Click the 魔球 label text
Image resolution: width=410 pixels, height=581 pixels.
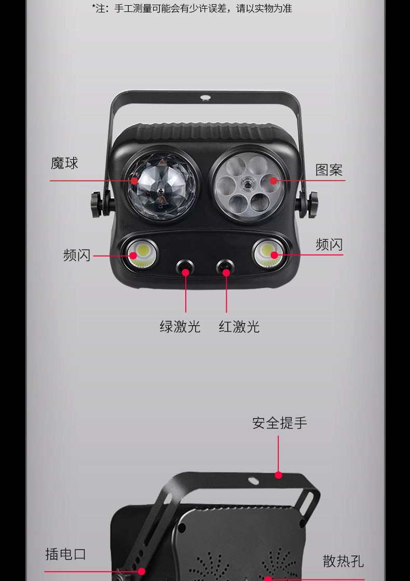pyautogui.click(x=64, y=163)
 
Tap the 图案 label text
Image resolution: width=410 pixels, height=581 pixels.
pyautogui.click(x=329, y=170)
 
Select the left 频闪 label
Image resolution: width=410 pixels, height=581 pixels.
pyautogui.click(x=77, y=255)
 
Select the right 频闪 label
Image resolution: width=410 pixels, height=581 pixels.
pyautogui.click(x=329, y=244)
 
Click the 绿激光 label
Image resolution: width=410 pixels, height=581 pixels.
pyautogui.click(x=180, y=327)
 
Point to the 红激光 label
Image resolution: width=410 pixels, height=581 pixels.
pyautogui.click(x=239, y=327)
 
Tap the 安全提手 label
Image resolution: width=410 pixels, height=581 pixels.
pyautogui.click(x=280, y=423)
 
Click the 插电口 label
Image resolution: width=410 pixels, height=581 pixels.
pyautogui.click(x=65, y=554)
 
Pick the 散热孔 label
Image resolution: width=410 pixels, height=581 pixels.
pyautogui.click(x=343, y=561)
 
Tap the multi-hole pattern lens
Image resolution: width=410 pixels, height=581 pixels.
pyautogui.click(x=248, y=187)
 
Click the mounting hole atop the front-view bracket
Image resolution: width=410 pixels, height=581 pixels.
pyautogui.click(x=206, y=97)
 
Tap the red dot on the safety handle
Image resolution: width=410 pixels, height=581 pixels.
pyautogui.click(x=279, y=475)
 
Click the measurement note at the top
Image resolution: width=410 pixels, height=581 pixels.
pyautogui.click(x=192, y=8)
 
